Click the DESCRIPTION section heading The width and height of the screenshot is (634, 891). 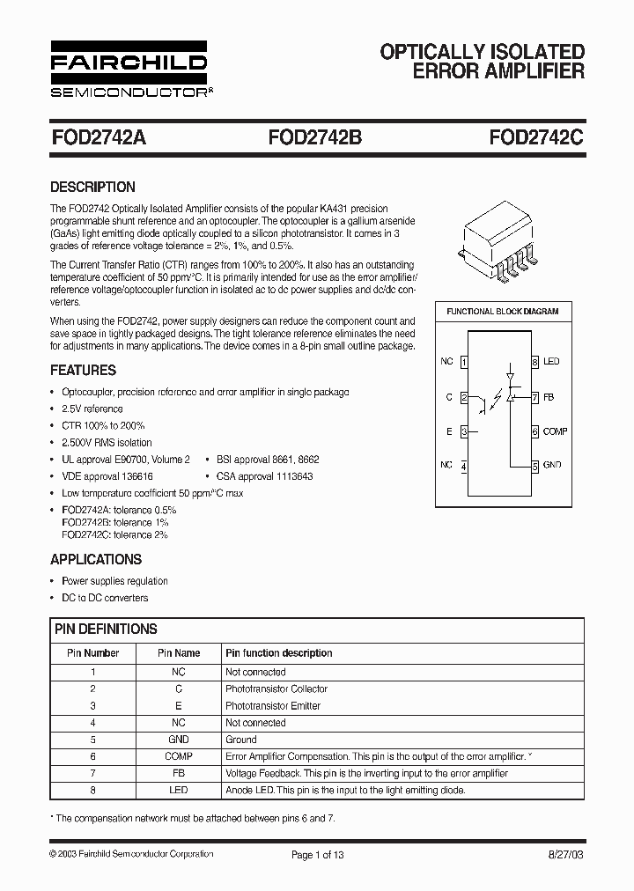pos(92,187)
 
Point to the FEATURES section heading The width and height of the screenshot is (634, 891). pos(83,371)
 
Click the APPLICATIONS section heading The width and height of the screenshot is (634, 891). pos(95,559)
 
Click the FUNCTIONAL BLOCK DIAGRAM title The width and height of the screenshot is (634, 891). pos(503,312)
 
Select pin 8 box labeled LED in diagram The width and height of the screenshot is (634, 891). pos(534,362)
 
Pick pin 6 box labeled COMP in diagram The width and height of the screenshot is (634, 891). pos(534,431)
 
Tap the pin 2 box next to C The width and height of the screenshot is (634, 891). pos(464,397)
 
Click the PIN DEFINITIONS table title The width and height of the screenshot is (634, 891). pos(106,629)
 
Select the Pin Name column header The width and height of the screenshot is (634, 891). pos(179,653)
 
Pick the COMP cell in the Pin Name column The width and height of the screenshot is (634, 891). pos(179,756)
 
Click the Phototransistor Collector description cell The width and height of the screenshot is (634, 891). pos(276,688)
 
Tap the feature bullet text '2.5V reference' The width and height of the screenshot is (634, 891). pos(92,409)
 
